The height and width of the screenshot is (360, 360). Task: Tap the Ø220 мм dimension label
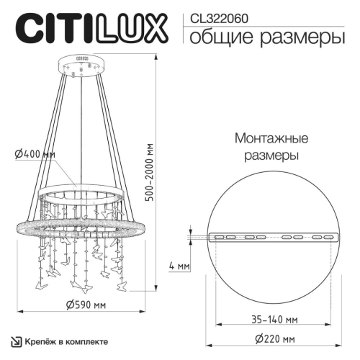(274, 338)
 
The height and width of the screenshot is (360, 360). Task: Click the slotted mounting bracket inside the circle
(273, 236)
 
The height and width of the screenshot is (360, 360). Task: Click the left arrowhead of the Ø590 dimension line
(18, 312)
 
